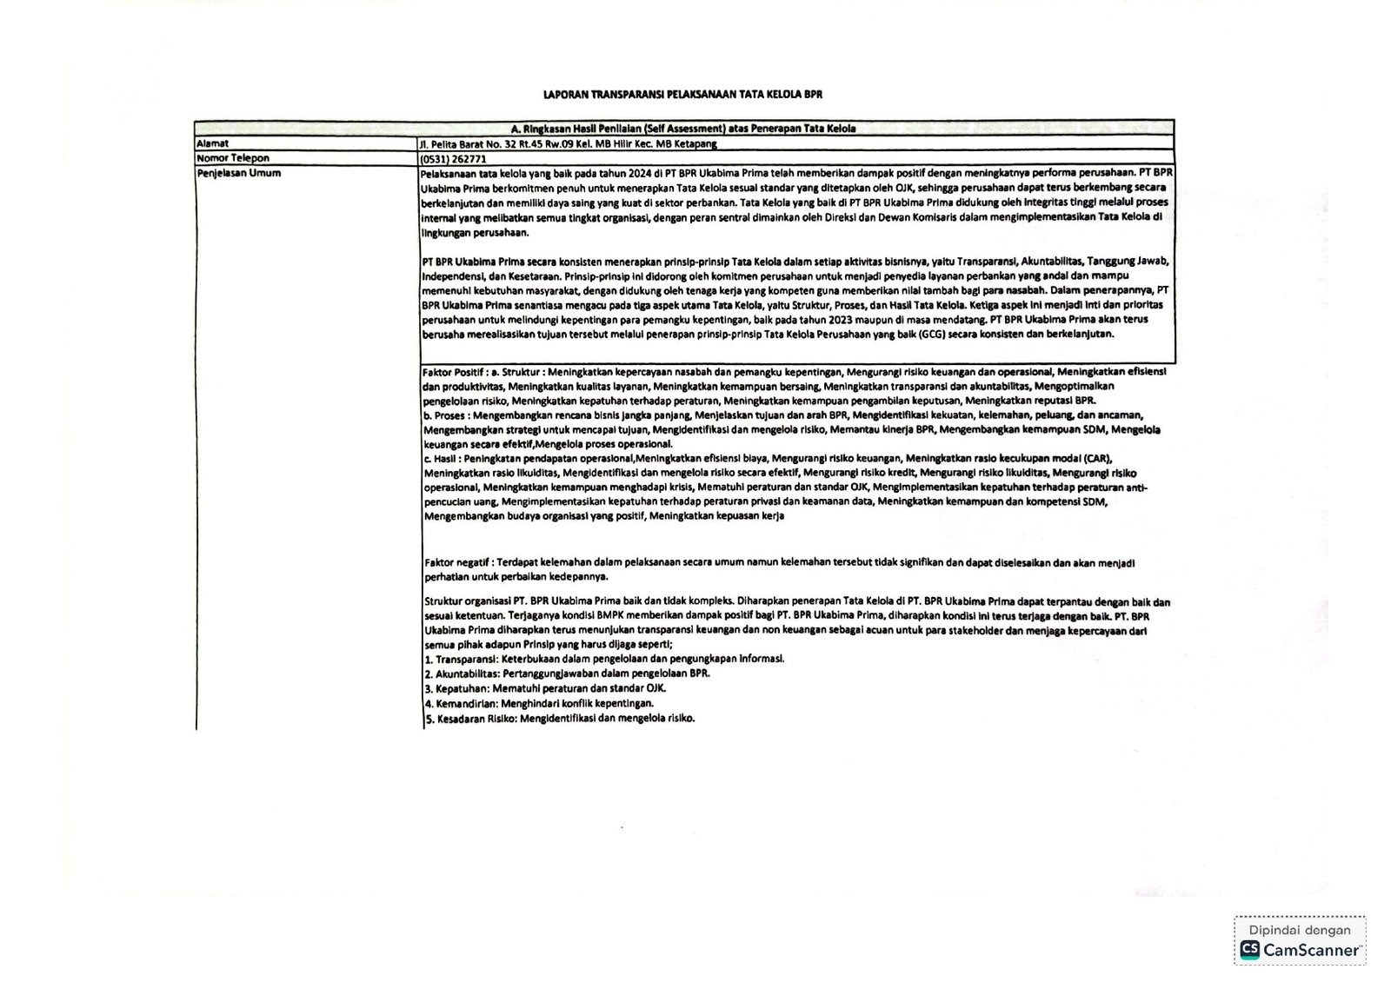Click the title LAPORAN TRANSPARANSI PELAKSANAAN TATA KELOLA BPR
[x=682, y=94]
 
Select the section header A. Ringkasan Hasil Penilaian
[x=683, y=129]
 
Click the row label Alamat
[x=212, y=143]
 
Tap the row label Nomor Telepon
[x=232, y=158]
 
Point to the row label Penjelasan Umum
[x=238, y=173]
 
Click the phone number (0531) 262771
[x=453, y=159]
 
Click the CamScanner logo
[x=1301, y=950]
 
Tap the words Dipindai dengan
[x=1301, y=930]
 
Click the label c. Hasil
[x=441, y=459]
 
